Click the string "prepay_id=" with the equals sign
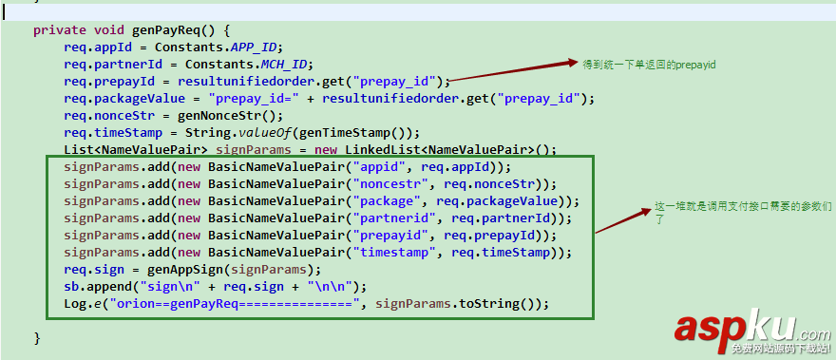coord(252,98)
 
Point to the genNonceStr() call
coord(206,115)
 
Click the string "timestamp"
coord(392,252)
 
